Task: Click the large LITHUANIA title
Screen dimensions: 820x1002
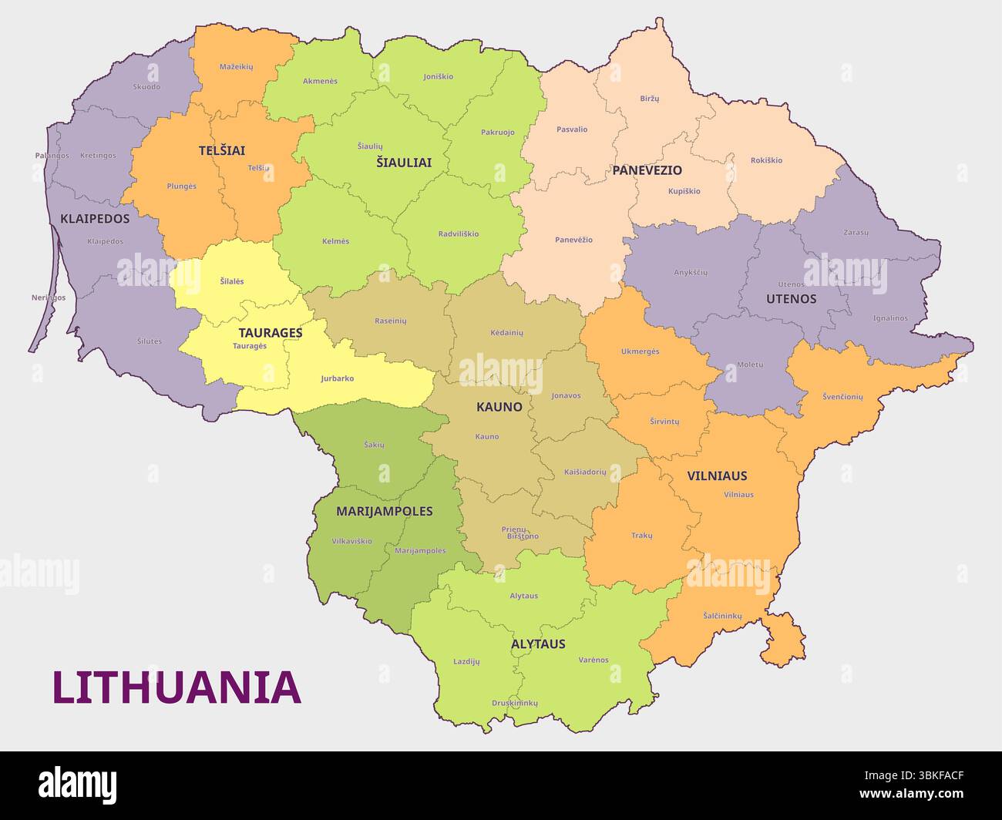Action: click(177, 688)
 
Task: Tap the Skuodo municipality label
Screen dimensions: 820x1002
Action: click(146, 87)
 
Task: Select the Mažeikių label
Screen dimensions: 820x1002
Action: click(236, 67)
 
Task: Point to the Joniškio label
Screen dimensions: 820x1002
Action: click(439, 77)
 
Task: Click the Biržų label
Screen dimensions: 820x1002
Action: click(650, 99)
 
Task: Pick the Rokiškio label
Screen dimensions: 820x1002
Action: click(766, 160)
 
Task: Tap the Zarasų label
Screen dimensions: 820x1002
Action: click(856, 232)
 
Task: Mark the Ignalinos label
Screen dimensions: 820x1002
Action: click(890, 318)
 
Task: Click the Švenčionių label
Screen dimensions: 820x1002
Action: click(842, 397)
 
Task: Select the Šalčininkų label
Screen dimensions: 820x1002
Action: click(722, 616)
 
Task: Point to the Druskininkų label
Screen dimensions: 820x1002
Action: click(515, 703)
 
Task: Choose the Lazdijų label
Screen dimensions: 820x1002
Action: click(466, 661)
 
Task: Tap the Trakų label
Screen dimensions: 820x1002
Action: click(641, 535)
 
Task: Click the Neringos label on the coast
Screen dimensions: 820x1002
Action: click(49, 297)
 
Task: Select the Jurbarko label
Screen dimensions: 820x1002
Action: click(338, 378)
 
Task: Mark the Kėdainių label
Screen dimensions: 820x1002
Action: click(506, 332)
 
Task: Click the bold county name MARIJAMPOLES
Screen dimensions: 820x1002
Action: click(384, 511)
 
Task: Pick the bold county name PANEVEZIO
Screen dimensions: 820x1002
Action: click(647, 170)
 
